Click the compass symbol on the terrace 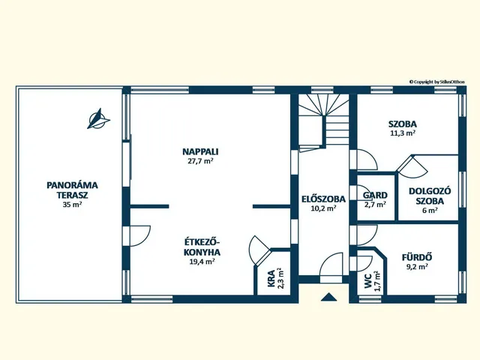98,118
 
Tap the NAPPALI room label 200,151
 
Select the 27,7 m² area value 200,161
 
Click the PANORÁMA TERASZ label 72,190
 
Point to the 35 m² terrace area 72,205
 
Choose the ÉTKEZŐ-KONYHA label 202,247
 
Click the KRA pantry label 271,278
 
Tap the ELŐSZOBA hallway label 323,199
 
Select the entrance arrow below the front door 329,297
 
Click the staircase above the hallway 324,121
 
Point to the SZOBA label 403,124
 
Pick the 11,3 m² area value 403,133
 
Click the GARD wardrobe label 375,195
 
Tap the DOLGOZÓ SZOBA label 430,196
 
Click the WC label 368,280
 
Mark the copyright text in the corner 436,82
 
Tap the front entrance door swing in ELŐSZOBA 331,264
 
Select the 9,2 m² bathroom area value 417,267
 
